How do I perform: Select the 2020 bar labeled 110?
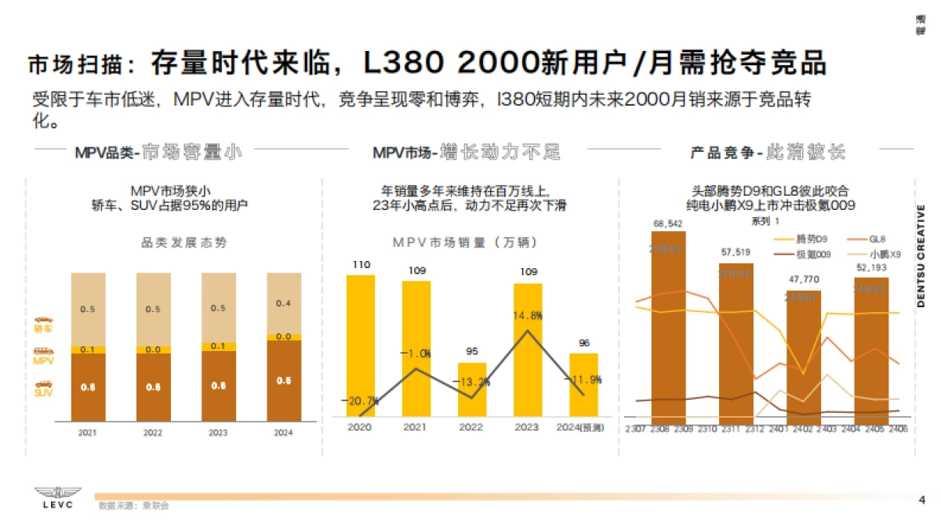pyautogui.click(x=361, y=345)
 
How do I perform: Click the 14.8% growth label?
pyautogui.click(x=528, y=316)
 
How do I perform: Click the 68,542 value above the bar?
pyautogui.click(x=668, y=224)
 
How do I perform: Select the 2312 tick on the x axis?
pyautogui.click(x=754, y=429)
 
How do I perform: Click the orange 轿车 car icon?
pyautogui.click(x=44, y=321)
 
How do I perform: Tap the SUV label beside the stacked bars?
pyautogui.click(x=44, y=393)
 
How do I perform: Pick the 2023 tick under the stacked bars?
pyautogui.click(x=218, y=431)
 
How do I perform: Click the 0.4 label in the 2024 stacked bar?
pyautogui.click(x=283, y=303)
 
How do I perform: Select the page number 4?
pyautogui.click(x=921, y=500)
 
